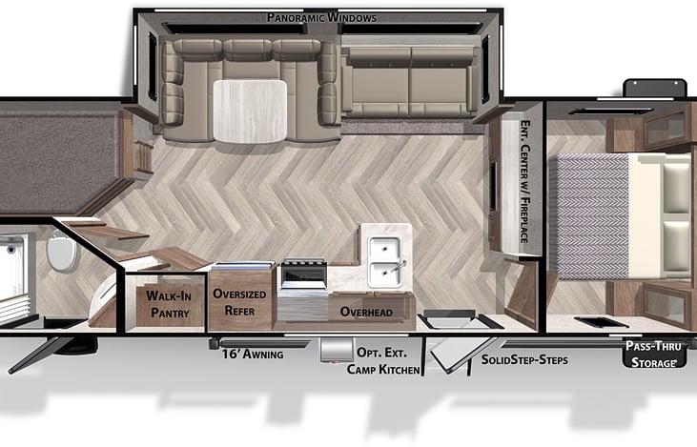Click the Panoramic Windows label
coord(321,17)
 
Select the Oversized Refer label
coord(240,302)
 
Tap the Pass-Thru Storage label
coord(653,354)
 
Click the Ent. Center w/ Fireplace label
coord(523,181)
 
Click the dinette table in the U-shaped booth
coord(249,110)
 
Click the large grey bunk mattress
coord(57,157)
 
